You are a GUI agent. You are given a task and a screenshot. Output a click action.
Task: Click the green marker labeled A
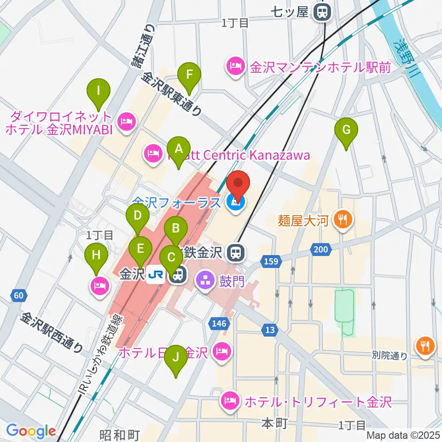(x=178, y=150)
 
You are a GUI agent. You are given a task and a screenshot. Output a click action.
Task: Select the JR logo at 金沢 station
(x=157, y=275)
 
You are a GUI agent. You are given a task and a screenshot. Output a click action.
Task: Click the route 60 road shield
(x=17, y=295)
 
